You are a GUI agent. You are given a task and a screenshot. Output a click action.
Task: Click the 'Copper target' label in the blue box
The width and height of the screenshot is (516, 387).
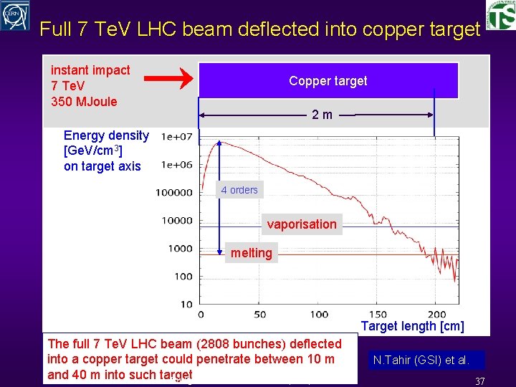tap(328, 81)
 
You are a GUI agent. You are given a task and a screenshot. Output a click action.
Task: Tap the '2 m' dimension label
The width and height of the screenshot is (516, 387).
tap(322, 115)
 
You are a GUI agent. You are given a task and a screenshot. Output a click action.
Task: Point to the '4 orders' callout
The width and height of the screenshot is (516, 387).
tap(239, 190)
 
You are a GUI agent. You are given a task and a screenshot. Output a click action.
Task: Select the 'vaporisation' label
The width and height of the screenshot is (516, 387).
tap(302, 224)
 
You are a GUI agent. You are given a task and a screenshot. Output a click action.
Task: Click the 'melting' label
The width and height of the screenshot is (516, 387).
tap(251, 252)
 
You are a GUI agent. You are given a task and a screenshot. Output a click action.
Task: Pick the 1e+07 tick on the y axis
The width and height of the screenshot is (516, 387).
tap(176, 137)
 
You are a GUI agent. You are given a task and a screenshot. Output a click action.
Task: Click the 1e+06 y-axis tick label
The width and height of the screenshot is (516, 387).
tap(176, 165)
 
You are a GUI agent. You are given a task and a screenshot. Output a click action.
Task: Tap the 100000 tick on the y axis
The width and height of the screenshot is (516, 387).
tap(174, 192)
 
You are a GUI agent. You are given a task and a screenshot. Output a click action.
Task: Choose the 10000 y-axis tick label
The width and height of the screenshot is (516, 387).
tap(176, 221)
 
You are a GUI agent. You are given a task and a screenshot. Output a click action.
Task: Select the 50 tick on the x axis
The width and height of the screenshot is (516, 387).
tap(259, 314)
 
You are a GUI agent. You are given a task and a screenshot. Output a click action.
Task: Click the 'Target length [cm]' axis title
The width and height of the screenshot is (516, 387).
tap(412, 327)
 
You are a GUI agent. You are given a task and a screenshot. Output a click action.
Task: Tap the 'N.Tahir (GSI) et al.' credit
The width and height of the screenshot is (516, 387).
tap(421, 360)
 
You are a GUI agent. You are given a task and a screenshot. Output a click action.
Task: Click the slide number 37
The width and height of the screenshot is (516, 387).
tap(480, 381)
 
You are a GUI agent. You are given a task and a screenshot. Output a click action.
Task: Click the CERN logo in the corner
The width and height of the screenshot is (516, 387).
tap(16, 16)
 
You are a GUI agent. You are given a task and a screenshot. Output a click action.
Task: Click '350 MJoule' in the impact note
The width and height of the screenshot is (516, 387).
tap(84, 101)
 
